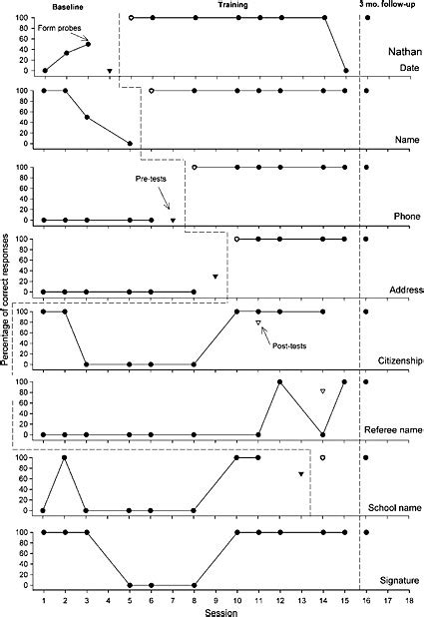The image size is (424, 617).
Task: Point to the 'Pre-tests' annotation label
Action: (155, 179)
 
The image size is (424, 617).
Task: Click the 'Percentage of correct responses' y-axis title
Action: (7, 300)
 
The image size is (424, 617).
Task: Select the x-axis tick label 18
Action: (409, 599)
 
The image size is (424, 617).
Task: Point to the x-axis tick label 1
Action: (44, 599)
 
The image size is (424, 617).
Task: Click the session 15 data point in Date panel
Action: (345, 71)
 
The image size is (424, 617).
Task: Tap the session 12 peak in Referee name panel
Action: (280, 382)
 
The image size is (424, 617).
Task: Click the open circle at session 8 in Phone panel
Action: (195, 167)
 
